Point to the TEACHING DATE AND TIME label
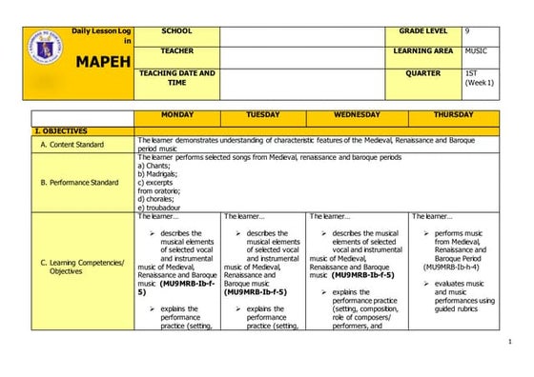[x=177, y=78]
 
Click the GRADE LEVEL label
[x=419, y=31]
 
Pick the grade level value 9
[x=467, y=31]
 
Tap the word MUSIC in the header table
[x=477, y=50]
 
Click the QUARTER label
[x=422, y=72]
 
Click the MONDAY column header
[x=177, y=115]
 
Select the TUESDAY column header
[x=263, y=115]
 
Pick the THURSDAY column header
[x=454, y=115]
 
